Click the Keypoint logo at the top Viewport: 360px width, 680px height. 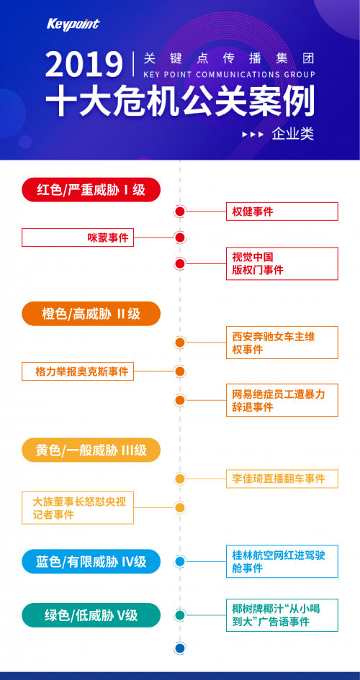73,24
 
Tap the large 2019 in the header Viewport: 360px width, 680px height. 84,64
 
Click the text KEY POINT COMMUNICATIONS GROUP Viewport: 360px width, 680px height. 229,75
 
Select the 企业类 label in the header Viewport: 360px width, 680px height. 293,134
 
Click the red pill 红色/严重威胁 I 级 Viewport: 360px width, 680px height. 91,189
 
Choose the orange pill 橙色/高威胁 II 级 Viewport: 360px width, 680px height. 91,314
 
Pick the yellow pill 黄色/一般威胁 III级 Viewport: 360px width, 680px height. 91,450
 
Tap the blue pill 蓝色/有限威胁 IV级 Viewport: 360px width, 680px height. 91,561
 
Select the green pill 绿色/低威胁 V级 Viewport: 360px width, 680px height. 91,615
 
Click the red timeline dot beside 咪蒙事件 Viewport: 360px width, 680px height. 180,237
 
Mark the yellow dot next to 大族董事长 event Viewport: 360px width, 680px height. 180,507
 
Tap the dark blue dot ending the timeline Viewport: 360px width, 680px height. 180,648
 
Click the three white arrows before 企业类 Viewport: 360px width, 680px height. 253,135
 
